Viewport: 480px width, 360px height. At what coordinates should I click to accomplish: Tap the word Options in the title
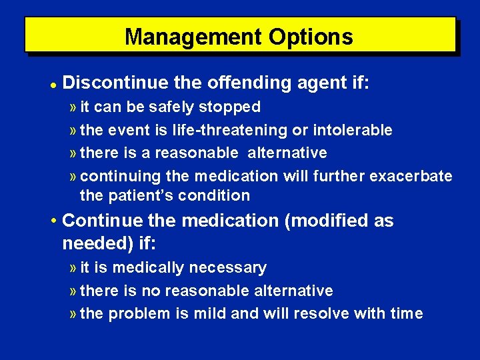tap(311, 36)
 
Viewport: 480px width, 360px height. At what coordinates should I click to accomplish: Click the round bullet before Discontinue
tap(52, 85)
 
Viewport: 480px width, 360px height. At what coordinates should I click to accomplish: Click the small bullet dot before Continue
tap(53, 221)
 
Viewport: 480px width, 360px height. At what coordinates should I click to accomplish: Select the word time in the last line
tap(407, 313)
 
